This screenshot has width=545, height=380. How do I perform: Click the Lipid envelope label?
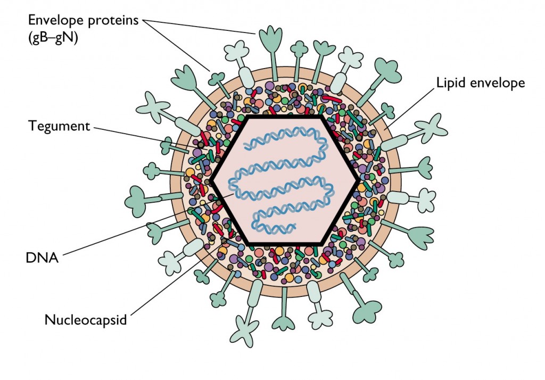(x=480, y=83)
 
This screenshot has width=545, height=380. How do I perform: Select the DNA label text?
(x=42, y=258)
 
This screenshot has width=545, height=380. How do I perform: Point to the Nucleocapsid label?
(x=85, y=320)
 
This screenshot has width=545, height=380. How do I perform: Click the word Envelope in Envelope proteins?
(x=53, y=21)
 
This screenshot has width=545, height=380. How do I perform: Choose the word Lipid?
(x=450, y=83)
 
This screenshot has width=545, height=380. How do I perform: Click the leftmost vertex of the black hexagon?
(x=211, y=181)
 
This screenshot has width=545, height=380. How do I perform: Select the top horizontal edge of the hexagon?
(x=285, y=117)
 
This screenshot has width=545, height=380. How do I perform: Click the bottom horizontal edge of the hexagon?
(x=285, y=244)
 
